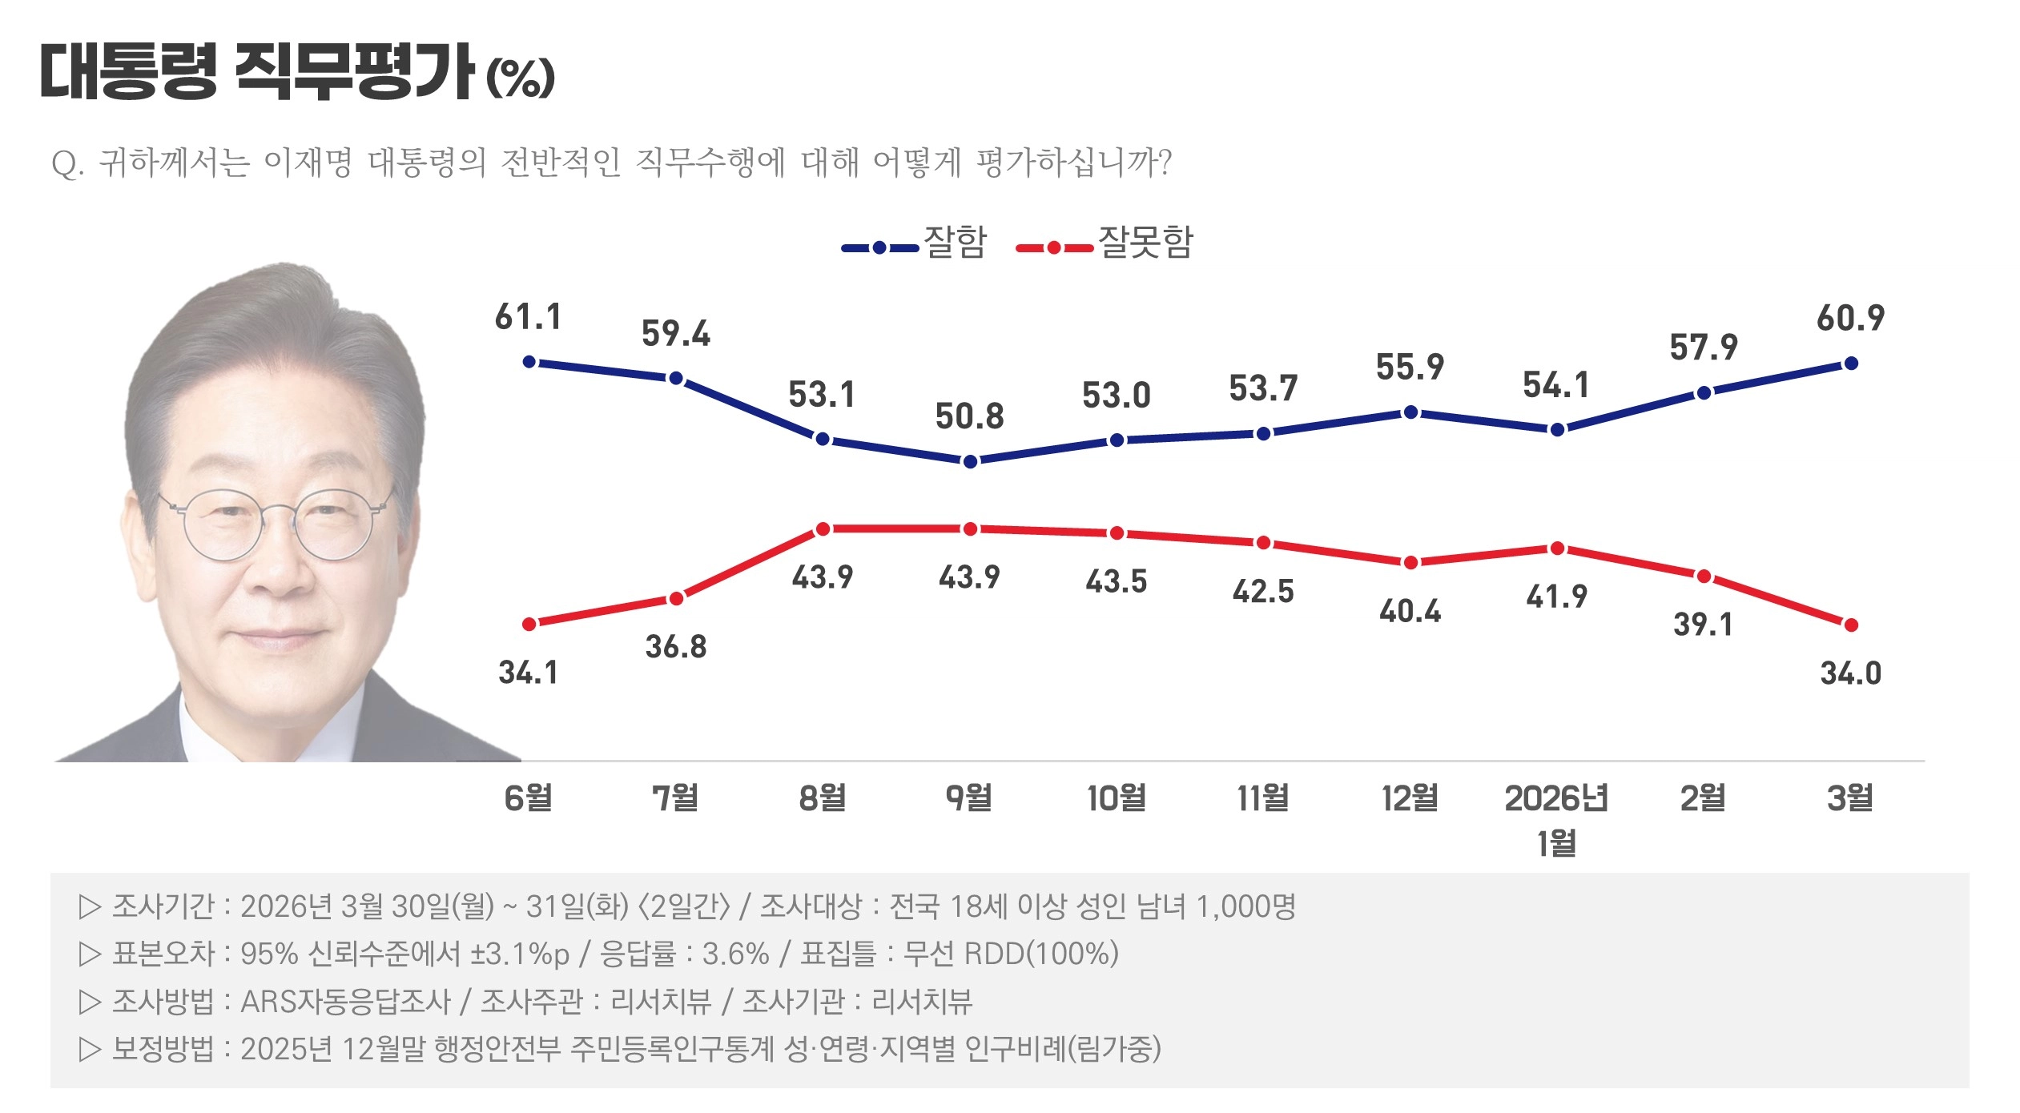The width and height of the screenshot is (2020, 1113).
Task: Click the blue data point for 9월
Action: pos(970,461)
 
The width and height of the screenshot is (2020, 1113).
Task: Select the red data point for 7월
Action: pos(676,598)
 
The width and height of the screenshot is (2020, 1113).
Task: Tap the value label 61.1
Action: pos(528,317)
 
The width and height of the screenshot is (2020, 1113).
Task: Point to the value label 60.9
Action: pos(1850,319)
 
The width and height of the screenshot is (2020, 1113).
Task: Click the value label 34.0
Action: pos(1850,673)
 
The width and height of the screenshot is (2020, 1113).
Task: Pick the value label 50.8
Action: pos(969,416)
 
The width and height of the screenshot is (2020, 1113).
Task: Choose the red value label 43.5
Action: pos(1116,581)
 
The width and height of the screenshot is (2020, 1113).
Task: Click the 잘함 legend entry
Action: pos(915,243)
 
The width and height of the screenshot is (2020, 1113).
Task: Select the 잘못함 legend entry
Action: pos(1105,243)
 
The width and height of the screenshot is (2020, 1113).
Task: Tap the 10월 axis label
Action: pos(1116,798)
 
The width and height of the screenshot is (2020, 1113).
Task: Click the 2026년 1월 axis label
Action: pos(1556,818)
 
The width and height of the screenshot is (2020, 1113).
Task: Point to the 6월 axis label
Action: pos(528,798)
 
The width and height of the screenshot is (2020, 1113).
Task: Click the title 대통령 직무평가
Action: pos(256,72)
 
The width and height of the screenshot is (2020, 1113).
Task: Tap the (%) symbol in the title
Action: pos(521,78)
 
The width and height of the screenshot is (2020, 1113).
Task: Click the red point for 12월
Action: pos(1411,562)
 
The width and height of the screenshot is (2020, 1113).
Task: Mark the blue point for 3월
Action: pos(1851,364)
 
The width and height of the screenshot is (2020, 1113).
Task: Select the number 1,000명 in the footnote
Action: pos(1245,906)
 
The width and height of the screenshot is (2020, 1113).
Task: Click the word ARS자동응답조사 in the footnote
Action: pos(346,1001)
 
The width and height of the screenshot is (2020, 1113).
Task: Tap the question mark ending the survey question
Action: pos(1164,163)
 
